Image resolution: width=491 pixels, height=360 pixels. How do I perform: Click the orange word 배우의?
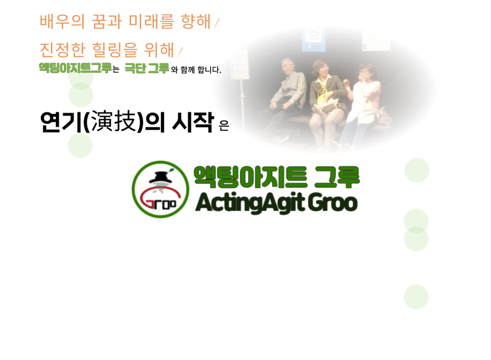(x=62, y=21)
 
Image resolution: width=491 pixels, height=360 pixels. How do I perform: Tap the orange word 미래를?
(x=151, y=21)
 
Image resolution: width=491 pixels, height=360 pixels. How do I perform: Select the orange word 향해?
(x=196, y=21)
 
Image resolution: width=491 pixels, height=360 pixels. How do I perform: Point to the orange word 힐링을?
(x=115, y=50)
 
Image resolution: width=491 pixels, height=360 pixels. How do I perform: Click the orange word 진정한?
(x=62, y=50)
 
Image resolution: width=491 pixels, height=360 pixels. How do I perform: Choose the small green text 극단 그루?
(x=147, y=68)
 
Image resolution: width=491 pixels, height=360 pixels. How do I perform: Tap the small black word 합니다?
(x=209, y=70)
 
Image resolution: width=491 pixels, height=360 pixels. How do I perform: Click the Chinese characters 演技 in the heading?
(x=114, y=121)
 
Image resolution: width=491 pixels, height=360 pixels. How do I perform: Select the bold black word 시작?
(x=193, y=122)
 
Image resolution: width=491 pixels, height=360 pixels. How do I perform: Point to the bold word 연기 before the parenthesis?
(x=62, y=122)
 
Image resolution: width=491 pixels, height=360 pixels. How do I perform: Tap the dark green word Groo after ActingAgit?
(x=333, y=203)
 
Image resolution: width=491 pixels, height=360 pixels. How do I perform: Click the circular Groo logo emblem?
(x=160, y=190)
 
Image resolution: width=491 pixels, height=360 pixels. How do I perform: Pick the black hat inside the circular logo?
(x=161, y=178)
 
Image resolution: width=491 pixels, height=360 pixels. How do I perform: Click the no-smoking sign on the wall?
(x=313, y=39)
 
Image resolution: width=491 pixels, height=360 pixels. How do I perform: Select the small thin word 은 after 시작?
(x=224, y=125)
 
